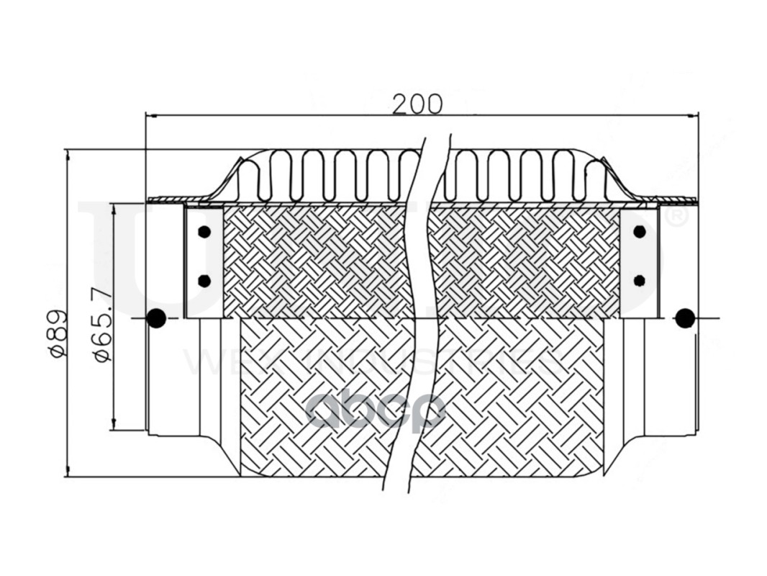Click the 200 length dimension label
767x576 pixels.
tap(417, 104)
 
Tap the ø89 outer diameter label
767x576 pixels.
tap(58, 333)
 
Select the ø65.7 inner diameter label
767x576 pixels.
tap(101, 323)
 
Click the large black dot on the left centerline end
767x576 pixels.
tap(155, 318)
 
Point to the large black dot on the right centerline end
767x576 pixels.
tap(685, 318)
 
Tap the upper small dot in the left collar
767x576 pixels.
tap(204, 232)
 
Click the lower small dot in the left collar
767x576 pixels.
tap(204, 280)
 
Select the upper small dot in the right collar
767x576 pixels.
tap(639, 231)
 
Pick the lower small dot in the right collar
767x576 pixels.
tap(639, 279)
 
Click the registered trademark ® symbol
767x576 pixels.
tap(674, 218)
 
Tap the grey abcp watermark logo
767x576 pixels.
tap(376, 413)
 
